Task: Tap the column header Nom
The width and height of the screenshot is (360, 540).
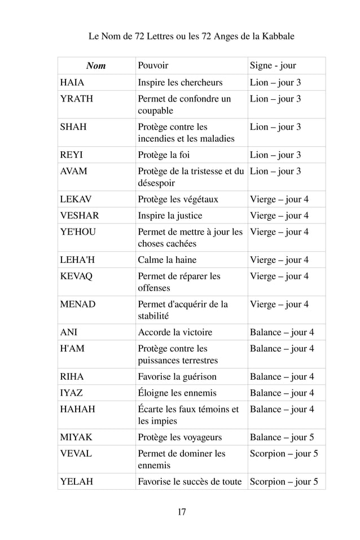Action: [x=96, y=66]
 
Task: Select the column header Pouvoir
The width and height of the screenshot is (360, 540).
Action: [x=153, y=66]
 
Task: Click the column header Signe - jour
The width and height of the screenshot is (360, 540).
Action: [x=273, y=66]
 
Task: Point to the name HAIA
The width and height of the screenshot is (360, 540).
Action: [x=72, y=83]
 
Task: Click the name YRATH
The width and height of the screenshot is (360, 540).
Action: [x=77, y=99]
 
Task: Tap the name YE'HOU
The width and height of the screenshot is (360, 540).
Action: [x=78, y=232]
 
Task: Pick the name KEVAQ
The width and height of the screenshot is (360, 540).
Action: [x=78, y=276]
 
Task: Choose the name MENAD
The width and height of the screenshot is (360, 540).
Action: [x=78, y=305]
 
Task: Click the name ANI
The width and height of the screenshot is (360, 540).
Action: [x=69, y=332]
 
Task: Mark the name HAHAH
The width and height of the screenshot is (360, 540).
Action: [x=78, y=410]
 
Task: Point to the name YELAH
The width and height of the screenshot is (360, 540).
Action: [x=77, y=482]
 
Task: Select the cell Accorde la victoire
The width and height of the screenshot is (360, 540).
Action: [x=175, y=332]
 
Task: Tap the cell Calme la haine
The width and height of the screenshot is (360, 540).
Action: [x=167, y=260]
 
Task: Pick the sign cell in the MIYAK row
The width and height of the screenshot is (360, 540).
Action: [x=282, y=437]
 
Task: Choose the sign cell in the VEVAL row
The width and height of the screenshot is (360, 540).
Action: [x=284, y=454]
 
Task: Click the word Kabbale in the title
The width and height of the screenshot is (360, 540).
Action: [x=276, y=37]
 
